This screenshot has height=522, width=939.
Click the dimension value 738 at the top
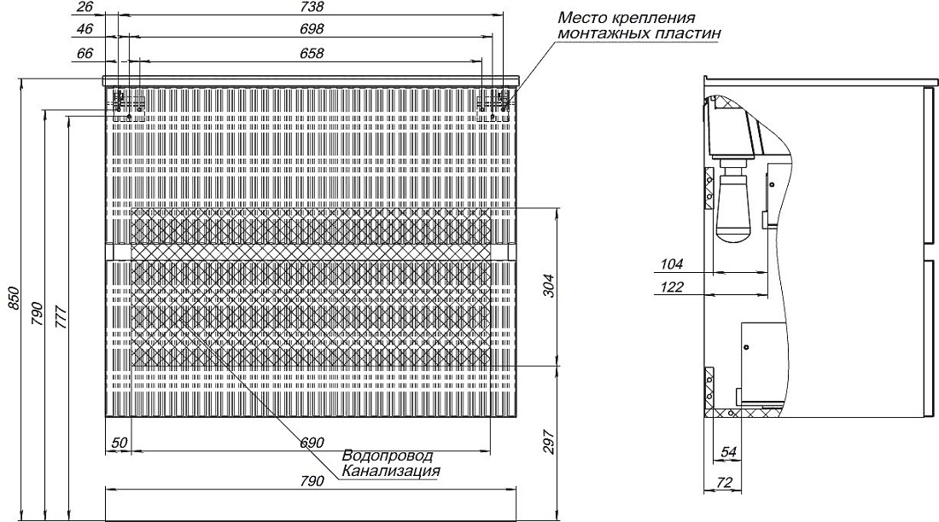click(x=312, y=7)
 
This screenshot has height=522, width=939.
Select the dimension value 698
click(x=312, y=29)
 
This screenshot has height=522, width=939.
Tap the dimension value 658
click(x=312, y=53)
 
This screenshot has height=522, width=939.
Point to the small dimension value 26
click(x=85, y=7)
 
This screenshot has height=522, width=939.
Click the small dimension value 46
click(x=85, y=29)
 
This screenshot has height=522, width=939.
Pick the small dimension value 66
click(x=85, y=53)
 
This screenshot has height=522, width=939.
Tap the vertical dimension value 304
click(x=549, y=286)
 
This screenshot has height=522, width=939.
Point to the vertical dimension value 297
click(x=549, y=442)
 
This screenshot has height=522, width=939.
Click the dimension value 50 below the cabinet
click(x=120, y=443)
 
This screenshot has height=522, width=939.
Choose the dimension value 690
click(x=312, y=443)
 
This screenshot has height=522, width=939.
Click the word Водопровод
click(x=388, y=457)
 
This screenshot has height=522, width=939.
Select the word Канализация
click(x=391, y=471)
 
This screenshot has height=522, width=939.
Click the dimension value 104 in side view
click(x=672, y=264)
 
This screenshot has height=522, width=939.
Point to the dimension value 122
click(x=672, y=287)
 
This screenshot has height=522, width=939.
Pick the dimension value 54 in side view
click(x=728, y=453)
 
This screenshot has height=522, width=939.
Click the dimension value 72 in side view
click(x=724, y=483)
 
